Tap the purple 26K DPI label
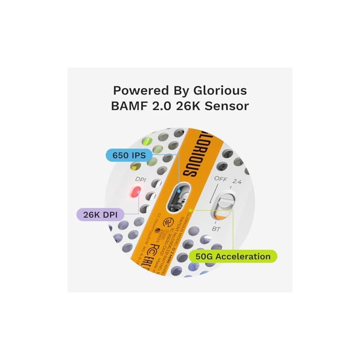100,213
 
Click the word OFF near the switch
220,179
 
